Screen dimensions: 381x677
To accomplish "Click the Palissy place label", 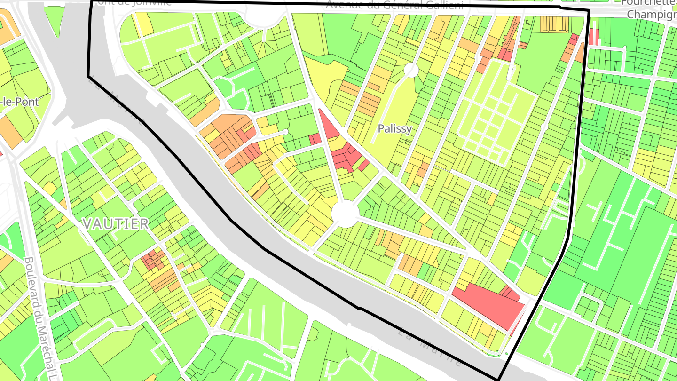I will click(x=395, y=129).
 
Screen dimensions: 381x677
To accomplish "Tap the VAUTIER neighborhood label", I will click(x=116, y=224).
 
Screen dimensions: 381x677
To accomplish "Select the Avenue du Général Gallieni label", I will click(x=394, y=5).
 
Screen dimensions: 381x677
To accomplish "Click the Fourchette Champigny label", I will click(x=651, y=8).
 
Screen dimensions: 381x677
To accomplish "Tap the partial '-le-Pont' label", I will click(x=20, y=101).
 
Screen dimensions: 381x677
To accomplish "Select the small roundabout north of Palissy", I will click(x=411, y=71).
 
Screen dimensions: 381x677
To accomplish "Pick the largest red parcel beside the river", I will click(x=489, y=303).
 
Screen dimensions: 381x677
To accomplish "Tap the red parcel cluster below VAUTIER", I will click(x=153, y=259).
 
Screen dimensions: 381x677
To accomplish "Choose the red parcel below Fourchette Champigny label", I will click(x=594, y=37).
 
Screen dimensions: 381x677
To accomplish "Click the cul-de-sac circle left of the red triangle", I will click(x=285, y=132).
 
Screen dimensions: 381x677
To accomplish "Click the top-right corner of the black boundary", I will click(x=589, y=11).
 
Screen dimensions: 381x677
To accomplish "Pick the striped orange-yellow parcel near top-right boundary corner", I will click(x=555, y=24).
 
